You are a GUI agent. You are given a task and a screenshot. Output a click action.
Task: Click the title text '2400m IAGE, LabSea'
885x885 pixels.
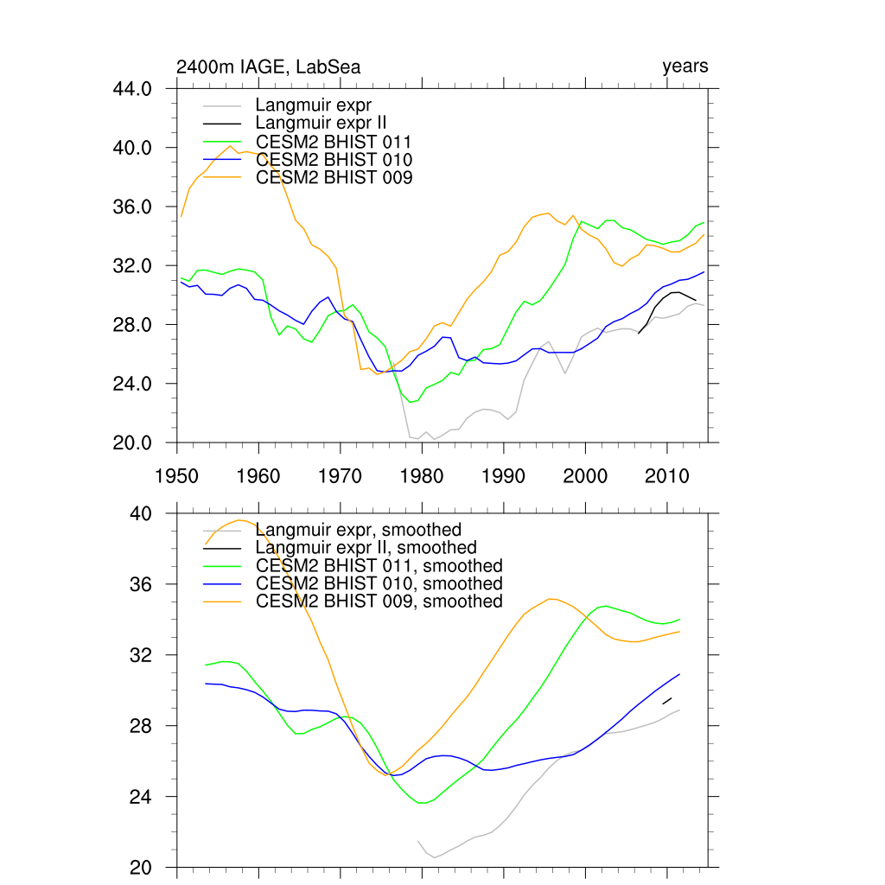(x=268, y=67)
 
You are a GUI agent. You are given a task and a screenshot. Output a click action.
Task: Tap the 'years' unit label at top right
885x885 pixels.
(x=684, y=67)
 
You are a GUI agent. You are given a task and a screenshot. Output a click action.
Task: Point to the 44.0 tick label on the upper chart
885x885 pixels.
(x=134, y=89)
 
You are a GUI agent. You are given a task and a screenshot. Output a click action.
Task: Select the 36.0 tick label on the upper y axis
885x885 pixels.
(x=134, y=207)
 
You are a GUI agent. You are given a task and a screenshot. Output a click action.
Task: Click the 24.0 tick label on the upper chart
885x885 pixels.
(x=134, y=384)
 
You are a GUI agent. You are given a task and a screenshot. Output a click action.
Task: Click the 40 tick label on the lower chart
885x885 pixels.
(x=141, y=514)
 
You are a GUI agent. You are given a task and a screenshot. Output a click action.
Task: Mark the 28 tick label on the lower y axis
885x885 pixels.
(x=141, y=726)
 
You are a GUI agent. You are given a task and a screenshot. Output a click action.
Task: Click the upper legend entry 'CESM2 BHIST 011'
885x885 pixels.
(x=334, y=142)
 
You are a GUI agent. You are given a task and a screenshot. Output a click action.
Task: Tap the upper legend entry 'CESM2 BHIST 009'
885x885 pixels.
(x=334, y=178)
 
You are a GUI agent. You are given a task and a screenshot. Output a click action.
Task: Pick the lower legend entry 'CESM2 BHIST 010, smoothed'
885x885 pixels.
(x=379, y=583)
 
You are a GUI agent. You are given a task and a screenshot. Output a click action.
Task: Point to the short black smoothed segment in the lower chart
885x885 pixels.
(x=667, y=701)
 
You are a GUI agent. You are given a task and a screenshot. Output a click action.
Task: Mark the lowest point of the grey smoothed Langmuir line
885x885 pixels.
(x=435, y=857)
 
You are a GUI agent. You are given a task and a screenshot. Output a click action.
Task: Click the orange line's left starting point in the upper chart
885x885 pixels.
(x=181, y=216)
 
